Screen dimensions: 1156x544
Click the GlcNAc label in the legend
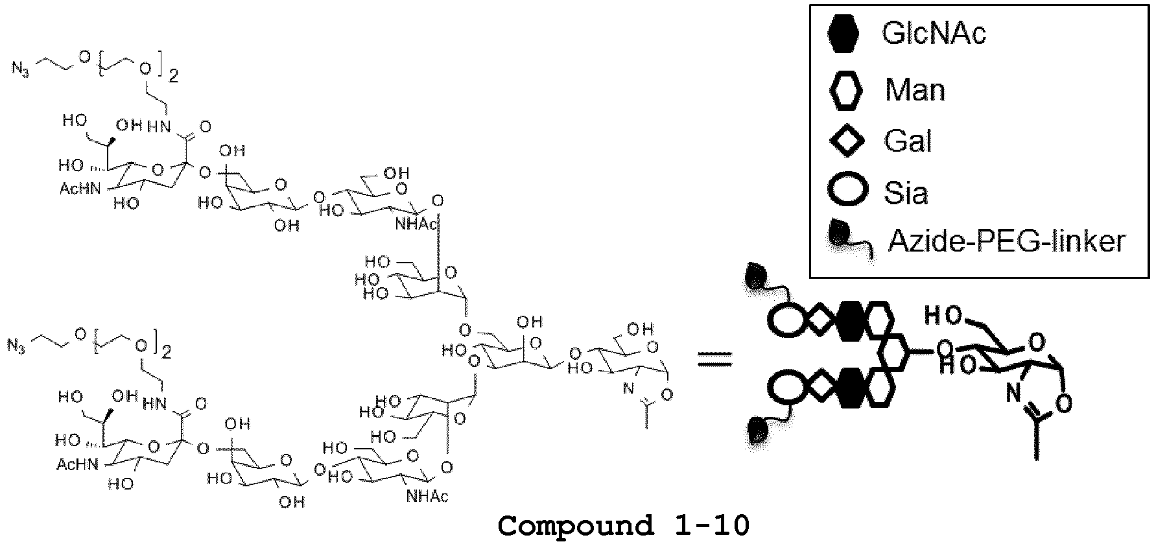pos(934,32)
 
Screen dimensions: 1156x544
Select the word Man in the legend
pos(915,89)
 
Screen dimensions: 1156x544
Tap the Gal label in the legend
pos(908,141)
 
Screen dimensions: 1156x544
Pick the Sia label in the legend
pos(906,193)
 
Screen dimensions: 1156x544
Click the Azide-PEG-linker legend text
pos(1006,241)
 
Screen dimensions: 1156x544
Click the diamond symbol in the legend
pos(847,141)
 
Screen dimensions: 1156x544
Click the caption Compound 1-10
pos(623,525)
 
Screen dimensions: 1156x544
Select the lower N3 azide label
pos(16,345)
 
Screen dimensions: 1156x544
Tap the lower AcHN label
pos(75,464)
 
